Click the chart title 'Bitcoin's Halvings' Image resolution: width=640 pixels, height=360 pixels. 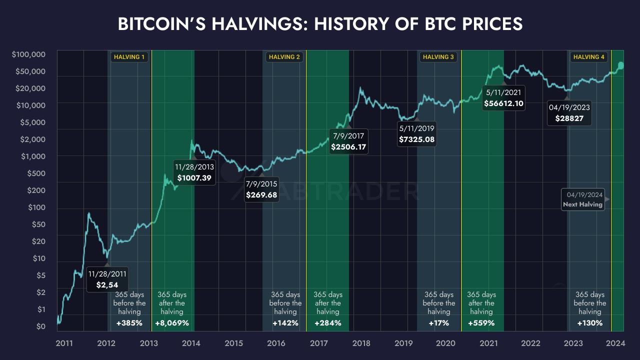(x=320, y=24)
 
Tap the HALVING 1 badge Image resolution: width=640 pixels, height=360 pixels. (x=129, y=57)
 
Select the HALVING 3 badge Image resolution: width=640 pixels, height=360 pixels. (x=438, y=57)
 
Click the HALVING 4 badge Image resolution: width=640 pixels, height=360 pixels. (x=588, y=57)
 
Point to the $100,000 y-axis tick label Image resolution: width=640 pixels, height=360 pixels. (x=29, y=54)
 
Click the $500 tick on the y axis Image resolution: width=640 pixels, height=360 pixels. (x=36, y=173)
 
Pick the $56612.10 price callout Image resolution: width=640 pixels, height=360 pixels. (x=503, y=98)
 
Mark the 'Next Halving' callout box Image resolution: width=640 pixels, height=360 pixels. (x=582, y=199)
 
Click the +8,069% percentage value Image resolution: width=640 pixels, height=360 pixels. (x=172, y=323)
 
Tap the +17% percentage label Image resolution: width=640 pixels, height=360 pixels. (x=438, y=323)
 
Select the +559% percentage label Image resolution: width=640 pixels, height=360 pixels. (x=481, y=323)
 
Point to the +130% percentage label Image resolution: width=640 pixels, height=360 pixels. (x=589, y=323)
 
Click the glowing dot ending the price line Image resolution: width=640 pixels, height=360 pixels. (x=621, y=65)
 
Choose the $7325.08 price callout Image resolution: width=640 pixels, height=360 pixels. (x=416, y=134)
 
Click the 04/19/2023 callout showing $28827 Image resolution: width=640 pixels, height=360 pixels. (x=569, y=113)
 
